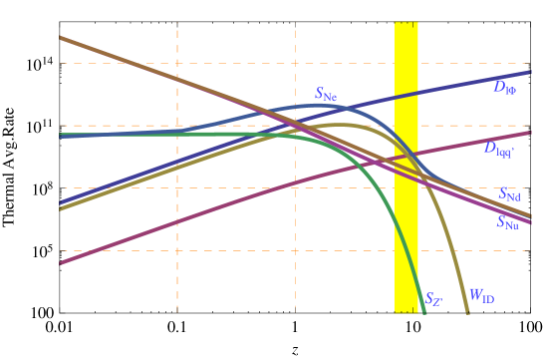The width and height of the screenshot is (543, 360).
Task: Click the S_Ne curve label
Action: [x=326, y=95]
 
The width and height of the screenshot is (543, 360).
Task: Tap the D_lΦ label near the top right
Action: [x=504, y=88]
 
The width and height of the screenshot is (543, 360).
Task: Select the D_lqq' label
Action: [x=499, y=149]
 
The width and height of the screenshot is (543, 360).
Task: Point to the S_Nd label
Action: [x=509, y=194]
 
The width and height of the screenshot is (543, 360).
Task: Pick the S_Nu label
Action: [x=507, y=222]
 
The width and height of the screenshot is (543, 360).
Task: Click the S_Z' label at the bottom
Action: [x=433, y=298]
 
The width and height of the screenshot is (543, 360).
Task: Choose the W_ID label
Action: [x=482, y=296]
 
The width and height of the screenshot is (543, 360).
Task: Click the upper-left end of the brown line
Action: [x=62, y=38]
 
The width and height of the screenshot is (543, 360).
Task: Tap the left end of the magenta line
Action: [x=62, y=262]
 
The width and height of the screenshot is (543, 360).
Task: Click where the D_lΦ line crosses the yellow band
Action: [x=407, y=96]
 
